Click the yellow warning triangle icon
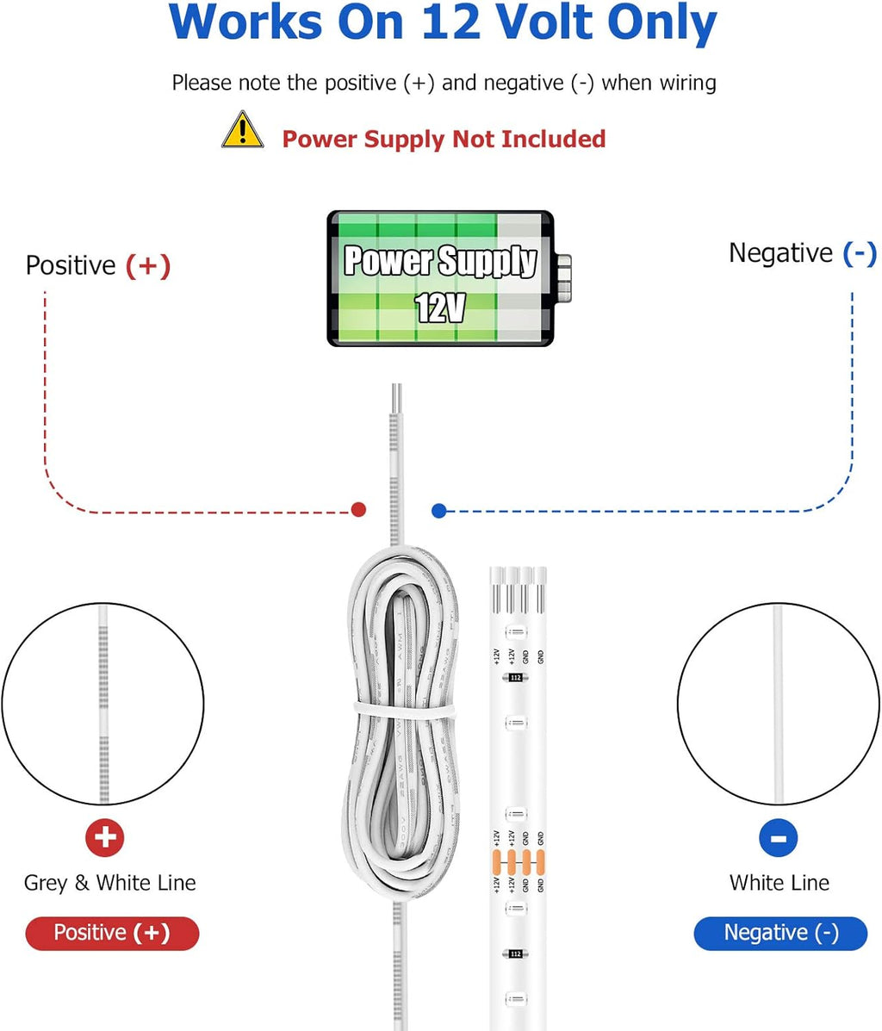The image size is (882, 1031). [243, 131]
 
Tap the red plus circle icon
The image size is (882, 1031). [105, 837]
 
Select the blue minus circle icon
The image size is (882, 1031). [779, 837]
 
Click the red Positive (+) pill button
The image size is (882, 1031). [112, 933]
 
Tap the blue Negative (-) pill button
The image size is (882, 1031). [780, 933]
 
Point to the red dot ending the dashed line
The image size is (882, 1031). [359, 510]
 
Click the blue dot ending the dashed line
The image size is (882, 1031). [439, 511]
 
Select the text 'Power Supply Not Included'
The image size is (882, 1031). [444, 139]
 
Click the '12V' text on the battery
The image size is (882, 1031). [440, 307]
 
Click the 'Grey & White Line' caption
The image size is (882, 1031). [110, 883]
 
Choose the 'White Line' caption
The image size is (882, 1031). [780, 883]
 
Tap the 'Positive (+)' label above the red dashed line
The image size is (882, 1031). [98, 265]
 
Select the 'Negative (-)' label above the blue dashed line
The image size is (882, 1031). [802, 253]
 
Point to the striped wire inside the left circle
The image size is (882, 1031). [103, 702]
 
